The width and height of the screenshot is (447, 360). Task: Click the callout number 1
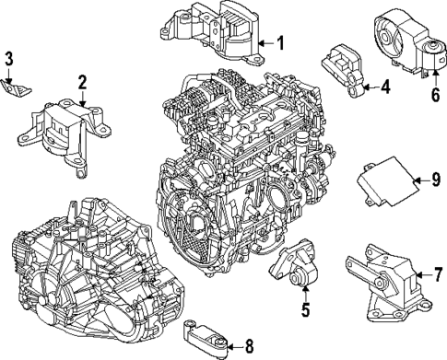[281, 41]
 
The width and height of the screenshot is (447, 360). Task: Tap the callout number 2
[82, 83]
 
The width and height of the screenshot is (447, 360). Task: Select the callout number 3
[8, 61]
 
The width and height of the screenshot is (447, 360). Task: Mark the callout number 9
[425, 180]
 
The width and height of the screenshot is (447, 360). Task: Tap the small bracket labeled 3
[18, 87]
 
